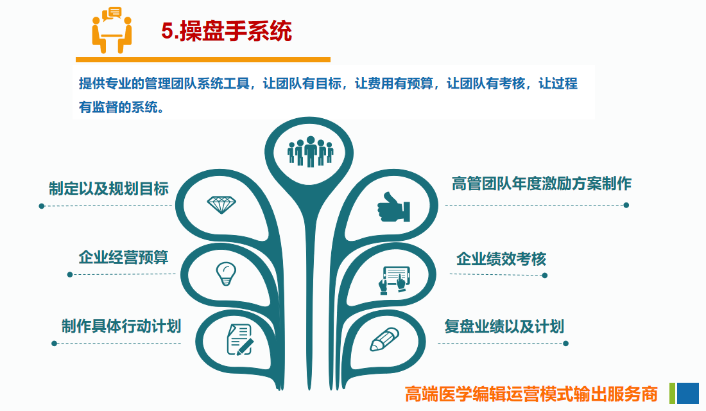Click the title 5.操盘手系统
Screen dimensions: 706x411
(227, 31)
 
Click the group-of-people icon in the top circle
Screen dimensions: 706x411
(310, 152)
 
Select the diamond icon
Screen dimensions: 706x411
(221, 205)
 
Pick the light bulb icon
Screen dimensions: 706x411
(226, 274)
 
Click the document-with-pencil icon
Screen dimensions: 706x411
(240, 339)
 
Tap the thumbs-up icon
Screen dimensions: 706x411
(393, 207)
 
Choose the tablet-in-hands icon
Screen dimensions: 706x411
(395, 279)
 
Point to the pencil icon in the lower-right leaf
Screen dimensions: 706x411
(384, 339)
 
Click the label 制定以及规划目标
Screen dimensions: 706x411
(108, 188)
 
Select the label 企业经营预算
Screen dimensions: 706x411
(123, 258)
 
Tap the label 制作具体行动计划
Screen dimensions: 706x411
(121, 326)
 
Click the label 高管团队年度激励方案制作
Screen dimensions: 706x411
(542, 184)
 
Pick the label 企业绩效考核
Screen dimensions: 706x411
(501, 259)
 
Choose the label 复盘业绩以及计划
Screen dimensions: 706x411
(504, 326)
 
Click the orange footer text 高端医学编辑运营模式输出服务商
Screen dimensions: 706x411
(531, 394)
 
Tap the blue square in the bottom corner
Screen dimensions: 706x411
(687, 393)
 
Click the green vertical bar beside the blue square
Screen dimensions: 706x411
(672, 393)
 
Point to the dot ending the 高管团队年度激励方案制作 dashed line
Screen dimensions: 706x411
(626, 205)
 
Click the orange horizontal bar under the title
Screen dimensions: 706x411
(203, 60)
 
